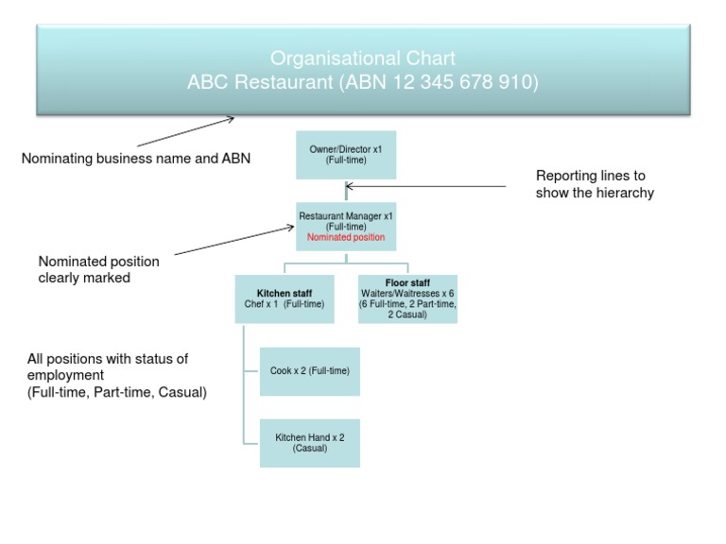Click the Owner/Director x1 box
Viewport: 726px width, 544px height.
(x=345, y=155)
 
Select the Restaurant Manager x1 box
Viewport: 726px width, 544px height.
(x=346, y=227)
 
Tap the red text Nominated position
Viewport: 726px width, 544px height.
(x=346, y=238)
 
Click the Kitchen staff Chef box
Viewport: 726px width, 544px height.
(x=284, y=299)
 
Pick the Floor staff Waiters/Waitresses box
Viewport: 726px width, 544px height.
(x=407, y=299)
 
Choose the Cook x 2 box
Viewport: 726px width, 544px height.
(x=309, y=371)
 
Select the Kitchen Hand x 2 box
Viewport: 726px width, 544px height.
(x=309, y=443)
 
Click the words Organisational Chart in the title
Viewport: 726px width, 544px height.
(x=363, y=59)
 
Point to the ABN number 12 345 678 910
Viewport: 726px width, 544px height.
(x=464, y=83)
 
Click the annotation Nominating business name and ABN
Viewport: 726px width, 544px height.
(x=136, y=159)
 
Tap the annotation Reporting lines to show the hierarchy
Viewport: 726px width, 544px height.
(x=595, y=184)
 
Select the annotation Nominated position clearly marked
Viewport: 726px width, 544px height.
(x=98, y=269)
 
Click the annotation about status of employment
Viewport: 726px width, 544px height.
(x=116, y=375)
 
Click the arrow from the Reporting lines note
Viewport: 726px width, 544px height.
(x=425, y=187)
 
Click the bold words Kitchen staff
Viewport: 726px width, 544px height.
(x=284, y=294)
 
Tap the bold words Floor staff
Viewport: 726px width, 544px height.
(x=407, y=282)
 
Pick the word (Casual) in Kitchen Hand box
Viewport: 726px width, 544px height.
(x=309, y=449)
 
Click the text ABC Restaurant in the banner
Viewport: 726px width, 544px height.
(x=259, y=83)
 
